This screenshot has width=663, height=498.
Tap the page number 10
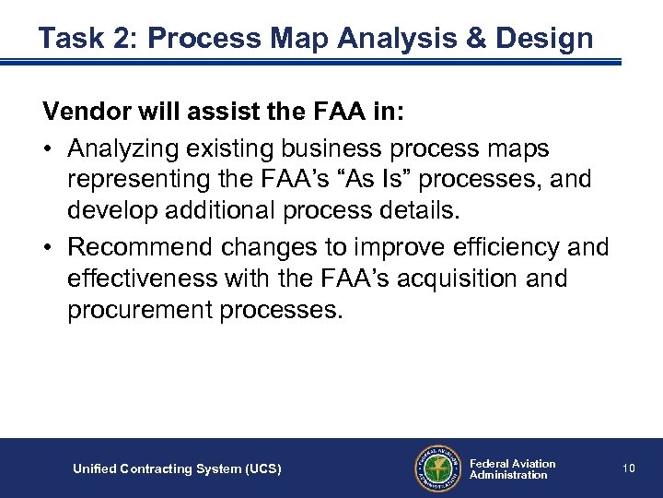pyautogui.click(x=629, y=468)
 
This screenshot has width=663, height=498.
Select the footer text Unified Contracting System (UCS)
pyautogui.click(x=177, y=469)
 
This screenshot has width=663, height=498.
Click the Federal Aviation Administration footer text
pyautogui.click(x=512, y=468)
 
